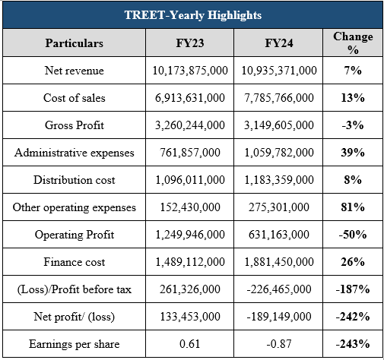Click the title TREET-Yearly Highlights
coord(193,15)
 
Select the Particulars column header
coord(75,43)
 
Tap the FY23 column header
coord(190,43)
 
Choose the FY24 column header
coord(279,43)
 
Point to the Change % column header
coord(353,43)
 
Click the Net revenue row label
coord(75,71)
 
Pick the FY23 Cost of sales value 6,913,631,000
coord(190,98)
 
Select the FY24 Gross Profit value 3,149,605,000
coord(279,125)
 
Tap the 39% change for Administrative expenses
coord(353,153)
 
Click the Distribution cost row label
coord(75,180)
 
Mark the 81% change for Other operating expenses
coord(353,207)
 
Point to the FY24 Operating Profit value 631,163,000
coord(279,235)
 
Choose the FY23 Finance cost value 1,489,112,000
coord(190,262)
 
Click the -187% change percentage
coord(353,289)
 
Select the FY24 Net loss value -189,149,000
coord(279,317)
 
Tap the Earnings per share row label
coord(75,344)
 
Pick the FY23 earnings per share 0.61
coord(190,344)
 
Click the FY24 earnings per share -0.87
coord(279,344)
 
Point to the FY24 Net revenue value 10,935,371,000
coord(279,71)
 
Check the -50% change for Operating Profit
coord(353,235)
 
